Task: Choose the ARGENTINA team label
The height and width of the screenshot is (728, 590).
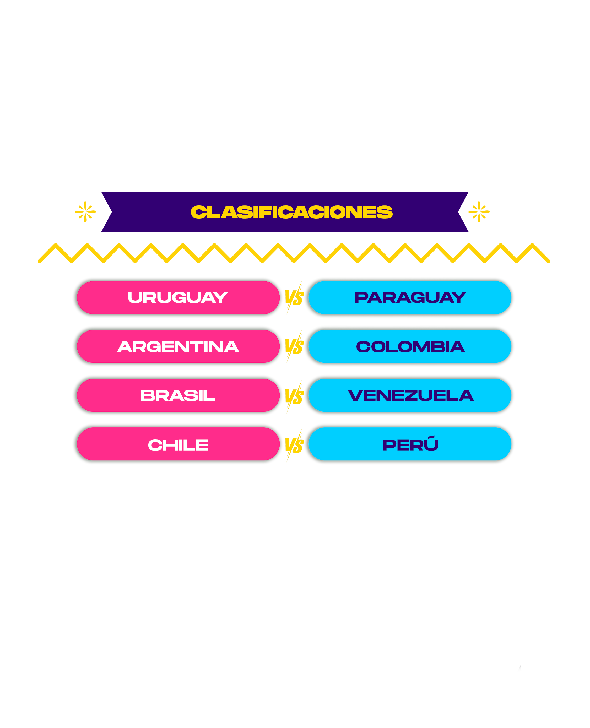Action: [x=178, y=346]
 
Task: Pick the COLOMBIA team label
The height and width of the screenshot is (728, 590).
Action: [x=410, y=346]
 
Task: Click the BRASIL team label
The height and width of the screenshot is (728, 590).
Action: [x=178, y=395]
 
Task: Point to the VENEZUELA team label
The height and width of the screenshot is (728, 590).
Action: [x=410, y=395]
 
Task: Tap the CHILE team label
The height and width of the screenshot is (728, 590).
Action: [x=178, y=445]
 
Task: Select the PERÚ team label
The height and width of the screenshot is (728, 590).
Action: [x=410, y=445]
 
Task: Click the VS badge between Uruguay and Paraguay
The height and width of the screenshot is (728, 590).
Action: [x=294, y=298]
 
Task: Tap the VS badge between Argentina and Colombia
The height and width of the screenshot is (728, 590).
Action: [x=294, y=346]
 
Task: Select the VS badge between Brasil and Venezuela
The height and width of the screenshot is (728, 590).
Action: [x=294, y=396]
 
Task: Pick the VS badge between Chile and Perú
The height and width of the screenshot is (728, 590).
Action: [x=294, y=445]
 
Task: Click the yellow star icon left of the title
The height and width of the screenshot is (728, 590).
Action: [x=85, y=212]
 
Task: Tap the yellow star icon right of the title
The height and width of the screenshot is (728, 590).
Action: [x=479, y=212]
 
